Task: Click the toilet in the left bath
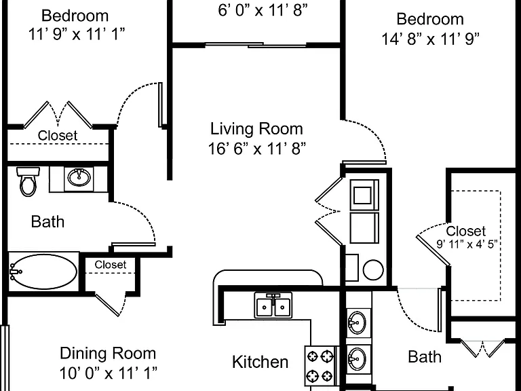(x=28, y=181)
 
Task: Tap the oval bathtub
(x=43, y=272)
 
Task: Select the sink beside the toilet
(x=79, y=178)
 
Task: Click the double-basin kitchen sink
(x=273, y=305)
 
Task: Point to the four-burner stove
(x=320, y=366)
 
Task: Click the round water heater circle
(x=373, y=269)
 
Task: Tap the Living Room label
(x=256, y=129)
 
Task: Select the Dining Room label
(x=108, y=354)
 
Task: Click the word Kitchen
(x=260, y=362)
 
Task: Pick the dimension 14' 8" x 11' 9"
(x=430, y=39)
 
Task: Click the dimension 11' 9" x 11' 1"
(x=77, y=34)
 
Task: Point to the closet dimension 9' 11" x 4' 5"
(x=467, y=244)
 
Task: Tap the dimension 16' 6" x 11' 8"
(x=257, y=149)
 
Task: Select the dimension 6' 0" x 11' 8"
(x=263, y=10)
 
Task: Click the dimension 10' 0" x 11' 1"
(x=108, y=373)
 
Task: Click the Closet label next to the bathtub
(x=111, y=265)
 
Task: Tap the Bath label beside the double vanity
(x=425, y=357)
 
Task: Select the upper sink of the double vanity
(x=357, y=322)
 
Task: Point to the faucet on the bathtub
(x=15, y=272)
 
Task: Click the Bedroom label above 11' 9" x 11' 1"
(x=75, y=16)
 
